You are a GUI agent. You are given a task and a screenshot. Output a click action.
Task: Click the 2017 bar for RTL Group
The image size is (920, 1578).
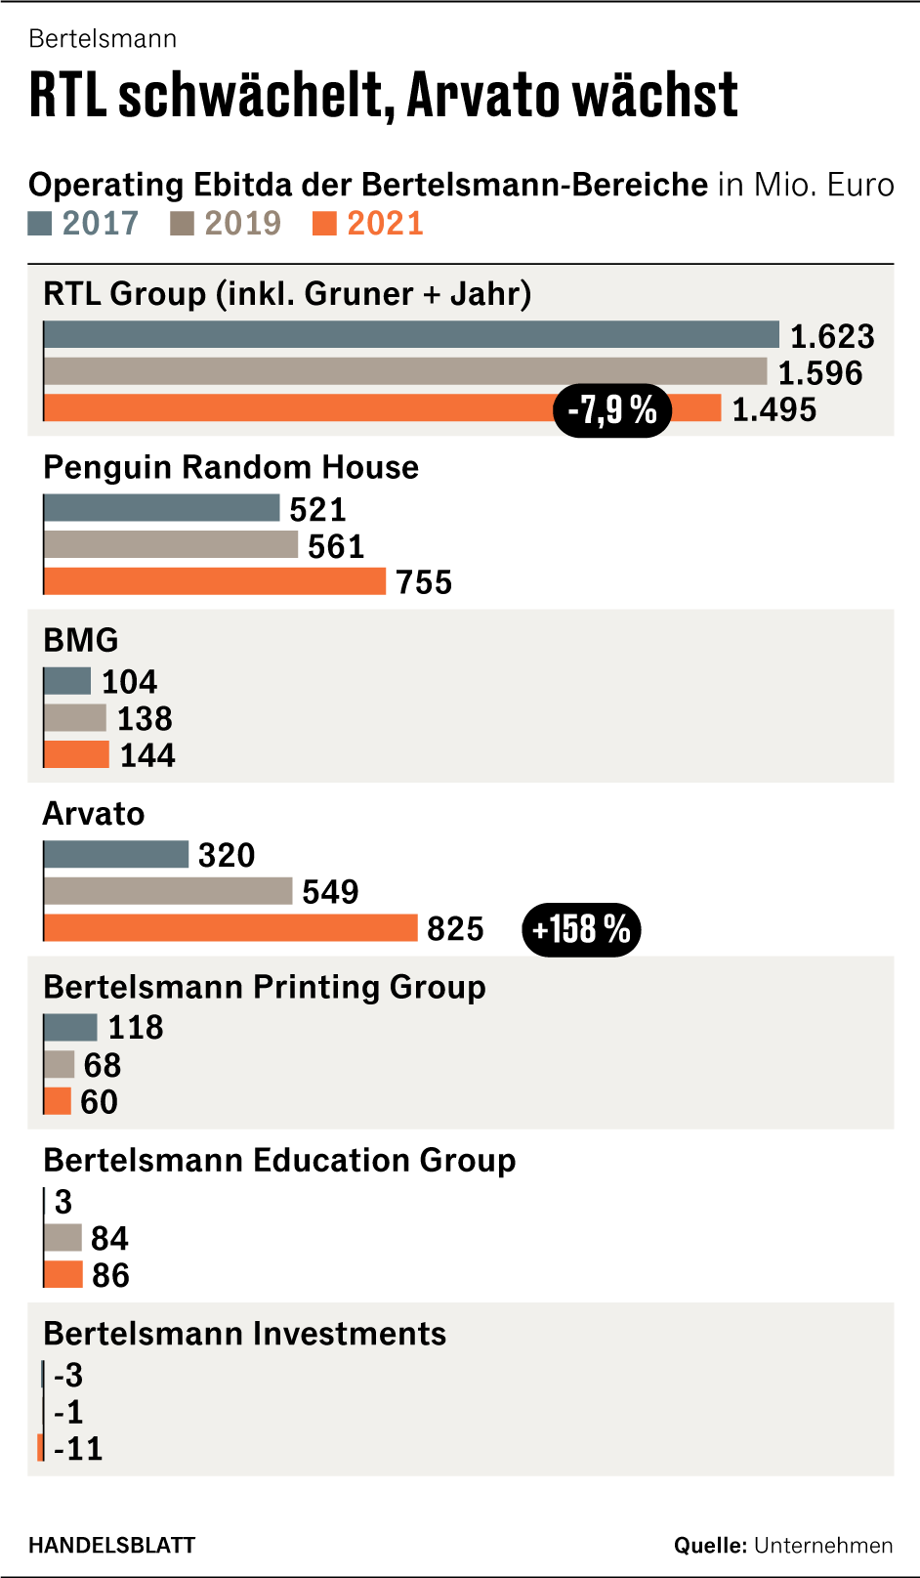[x=411, y=335]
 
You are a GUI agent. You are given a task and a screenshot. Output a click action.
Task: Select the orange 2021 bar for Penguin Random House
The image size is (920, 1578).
[x=215, y=581]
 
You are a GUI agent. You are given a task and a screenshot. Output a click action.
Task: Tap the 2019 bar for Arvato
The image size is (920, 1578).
[x=168, y=891]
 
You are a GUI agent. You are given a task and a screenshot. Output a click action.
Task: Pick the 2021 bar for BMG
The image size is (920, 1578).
[x=76, y=754]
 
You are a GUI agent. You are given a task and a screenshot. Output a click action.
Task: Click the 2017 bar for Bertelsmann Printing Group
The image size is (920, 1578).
[x=70, y=1027]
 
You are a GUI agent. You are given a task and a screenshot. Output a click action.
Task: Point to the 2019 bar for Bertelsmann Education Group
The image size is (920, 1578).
[x=63, y=1238]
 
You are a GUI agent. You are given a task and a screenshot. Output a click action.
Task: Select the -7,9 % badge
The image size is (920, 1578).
[x=612, y=410]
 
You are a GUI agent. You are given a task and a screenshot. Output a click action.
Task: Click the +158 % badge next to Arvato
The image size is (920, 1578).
[x=581, y=929]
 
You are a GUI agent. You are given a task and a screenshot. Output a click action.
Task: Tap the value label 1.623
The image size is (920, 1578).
[x=832, y=336]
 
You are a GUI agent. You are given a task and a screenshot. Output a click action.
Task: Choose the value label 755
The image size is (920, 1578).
[x=424, y=582]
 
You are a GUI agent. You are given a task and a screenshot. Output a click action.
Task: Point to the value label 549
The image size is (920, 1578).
[x=330, y=892]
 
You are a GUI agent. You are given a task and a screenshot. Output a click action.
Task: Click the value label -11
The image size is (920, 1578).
[x=78, y=1448]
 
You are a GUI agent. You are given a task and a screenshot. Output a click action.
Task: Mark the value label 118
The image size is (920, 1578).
[x=136, y=1028]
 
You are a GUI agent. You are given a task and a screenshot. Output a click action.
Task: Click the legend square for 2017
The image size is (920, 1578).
[x=40, y=224]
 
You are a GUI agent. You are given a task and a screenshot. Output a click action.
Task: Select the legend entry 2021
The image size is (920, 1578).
[x=385, y=224]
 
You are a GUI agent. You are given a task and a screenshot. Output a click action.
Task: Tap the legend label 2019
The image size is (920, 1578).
[x=242, y=224]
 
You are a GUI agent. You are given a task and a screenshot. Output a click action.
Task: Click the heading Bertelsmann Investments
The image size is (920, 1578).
[x=244, y=1334]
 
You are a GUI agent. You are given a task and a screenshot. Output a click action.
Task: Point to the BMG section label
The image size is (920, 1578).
[x=81, y=640]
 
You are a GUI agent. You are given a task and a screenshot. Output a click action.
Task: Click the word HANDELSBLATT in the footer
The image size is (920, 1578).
[x=112, y=1545]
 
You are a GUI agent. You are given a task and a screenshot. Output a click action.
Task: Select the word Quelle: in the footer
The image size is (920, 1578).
[x=710, y=1545]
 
